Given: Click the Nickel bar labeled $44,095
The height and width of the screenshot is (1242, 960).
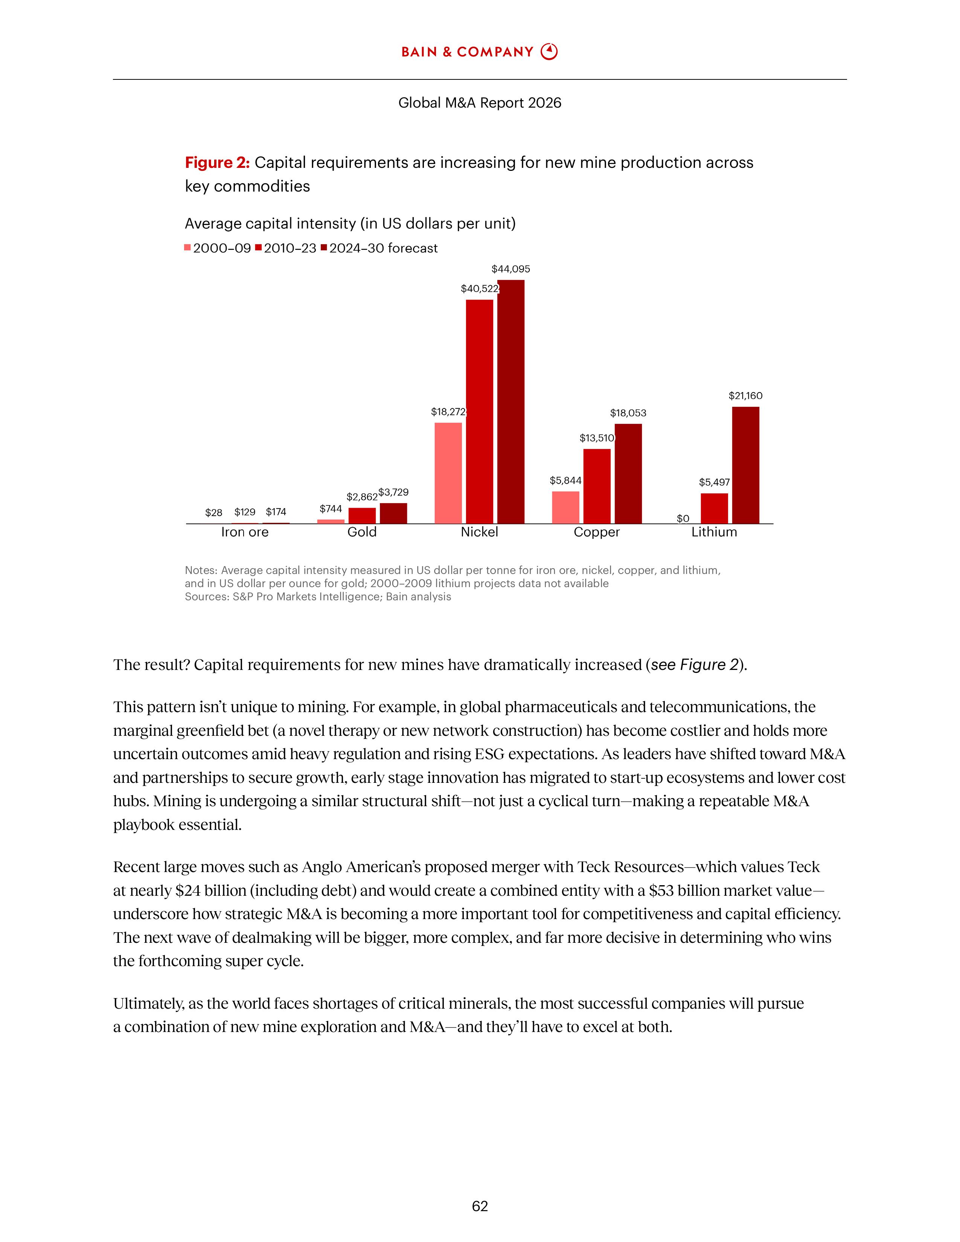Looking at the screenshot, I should (x=511, y=402).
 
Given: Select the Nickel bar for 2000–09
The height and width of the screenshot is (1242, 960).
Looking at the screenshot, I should (x=448, y=473).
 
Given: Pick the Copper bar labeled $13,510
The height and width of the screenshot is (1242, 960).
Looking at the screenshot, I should (x=597, y=486).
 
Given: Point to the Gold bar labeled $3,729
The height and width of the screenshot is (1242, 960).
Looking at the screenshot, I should (x=393, y=513).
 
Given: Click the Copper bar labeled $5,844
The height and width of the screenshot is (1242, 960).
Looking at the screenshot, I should (x=565, y=507).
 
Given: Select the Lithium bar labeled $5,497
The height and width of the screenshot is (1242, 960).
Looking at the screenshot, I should (x=714, y=508).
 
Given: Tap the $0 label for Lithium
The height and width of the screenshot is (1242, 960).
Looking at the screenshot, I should (x=683, y=519).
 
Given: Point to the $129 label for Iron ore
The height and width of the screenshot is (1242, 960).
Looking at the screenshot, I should (x=245, y=512).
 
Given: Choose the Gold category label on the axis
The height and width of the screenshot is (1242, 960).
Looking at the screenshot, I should (x=362, y=532).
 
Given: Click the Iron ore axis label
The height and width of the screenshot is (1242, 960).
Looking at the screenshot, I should (x=245, y=532).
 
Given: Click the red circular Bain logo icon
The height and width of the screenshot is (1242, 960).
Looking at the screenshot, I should (x=549, y=52).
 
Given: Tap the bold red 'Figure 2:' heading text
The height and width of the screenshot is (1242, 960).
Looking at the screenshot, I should (x=217, y=163).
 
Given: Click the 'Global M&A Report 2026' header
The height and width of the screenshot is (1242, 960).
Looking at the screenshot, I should (x=479, y=103).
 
